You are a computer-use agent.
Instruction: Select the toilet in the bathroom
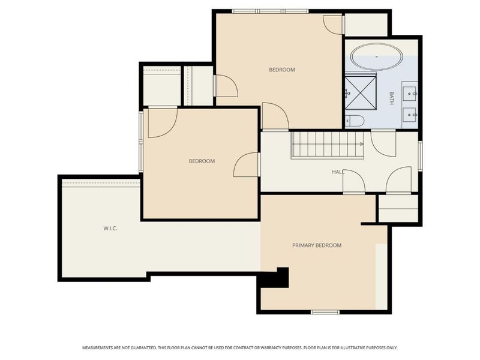point(354,121)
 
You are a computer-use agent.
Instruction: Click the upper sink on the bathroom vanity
point(411,92)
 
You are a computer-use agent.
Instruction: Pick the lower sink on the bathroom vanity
point(411,112)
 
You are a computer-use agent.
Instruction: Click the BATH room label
point(391,98)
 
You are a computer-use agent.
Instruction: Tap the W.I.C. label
point(110,229)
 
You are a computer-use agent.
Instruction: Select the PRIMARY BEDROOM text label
point(316,245)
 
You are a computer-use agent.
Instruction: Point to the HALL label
point(338,172)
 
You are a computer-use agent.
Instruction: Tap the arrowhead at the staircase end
point(362,145)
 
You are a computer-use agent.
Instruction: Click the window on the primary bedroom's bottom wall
point(325,312)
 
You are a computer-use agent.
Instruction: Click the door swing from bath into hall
point(382,142)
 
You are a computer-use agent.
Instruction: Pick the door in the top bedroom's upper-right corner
point(332,23)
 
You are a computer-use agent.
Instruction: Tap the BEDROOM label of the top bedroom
point(281,70)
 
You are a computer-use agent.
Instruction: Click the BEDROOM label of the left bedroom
point(202,161)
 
